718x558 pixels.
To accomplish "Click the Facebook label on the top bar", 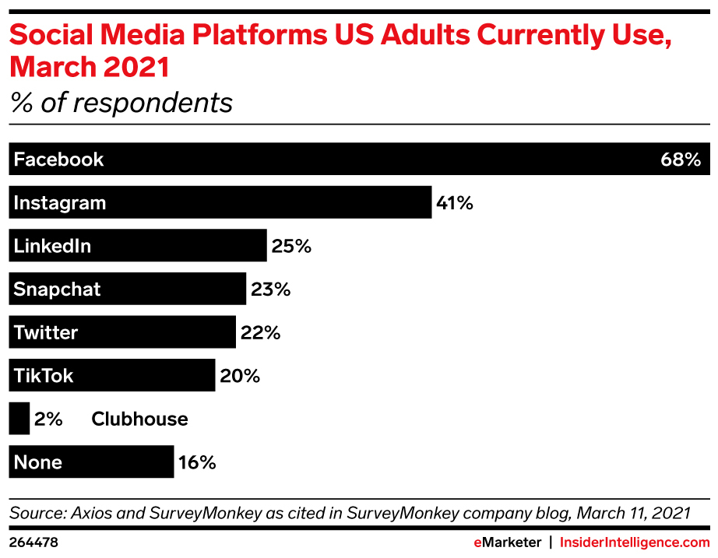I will click(58, 160).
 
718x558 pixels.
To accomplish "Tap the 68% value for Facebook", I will click(681, 160).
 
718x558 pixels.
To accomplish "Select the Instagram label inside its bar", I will click(59, 203).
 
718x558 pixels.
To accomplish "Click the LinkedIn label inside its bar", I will click(52, 246).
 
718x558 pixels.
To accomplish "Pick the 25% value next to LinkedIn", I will click(291, 246).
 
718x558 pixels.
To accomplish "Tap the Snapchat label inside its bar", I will click(57, 290).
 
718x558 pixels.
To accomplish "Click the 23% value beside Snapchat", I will click(270, 290).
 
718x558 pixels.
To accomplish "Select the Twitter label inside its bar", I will click(46, 333).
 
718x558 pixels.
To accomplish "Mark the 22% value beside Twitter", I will click(259, 333).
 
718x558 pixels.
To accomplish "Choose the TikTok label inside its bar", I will click(44, 376).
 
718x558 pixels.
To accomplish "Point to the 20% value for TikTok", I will click(239, 376).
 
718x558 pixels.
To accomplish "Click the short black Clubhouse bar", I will click(19, 419).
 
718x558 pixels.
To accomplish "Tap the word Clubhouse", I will click(139, 419).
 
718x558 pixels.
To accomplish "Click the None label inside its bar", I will click(37, 462).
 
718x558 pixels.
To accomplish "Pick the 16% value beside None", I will click(196, 462).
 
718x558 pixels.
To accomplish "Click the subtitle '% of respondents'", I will click(121, 103).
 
